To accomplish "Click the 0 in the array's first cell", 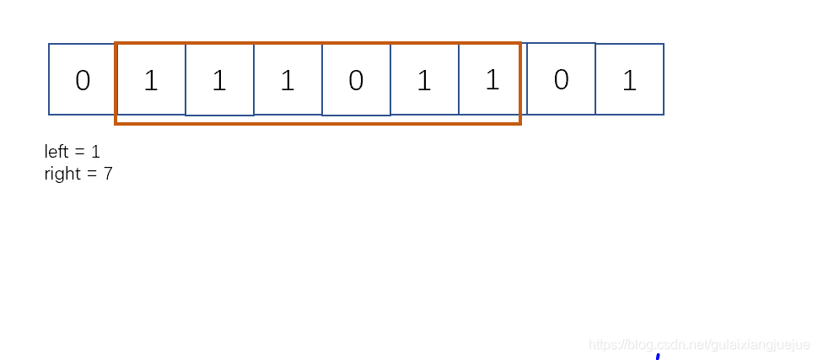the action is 83,81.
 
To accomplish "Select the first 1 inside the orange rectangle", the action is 151,81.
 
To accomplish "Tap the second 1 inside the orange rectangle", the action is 219,81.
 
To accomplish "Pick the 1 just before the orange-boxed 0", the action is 288,81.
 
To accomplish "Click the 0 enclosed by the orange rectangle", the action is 356,81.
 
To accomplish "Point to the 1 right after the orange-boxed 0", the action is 424,81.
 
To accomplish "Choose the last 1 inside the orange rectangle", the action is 492,80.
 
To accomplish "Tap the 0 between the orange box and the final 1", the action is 561,80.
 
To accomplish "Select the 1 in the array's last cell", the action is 629,80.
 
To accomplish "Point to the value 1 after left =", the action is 95,152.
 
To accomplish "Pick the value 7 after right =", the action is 108,175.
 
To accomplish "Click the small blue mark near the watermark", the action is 658,357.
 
